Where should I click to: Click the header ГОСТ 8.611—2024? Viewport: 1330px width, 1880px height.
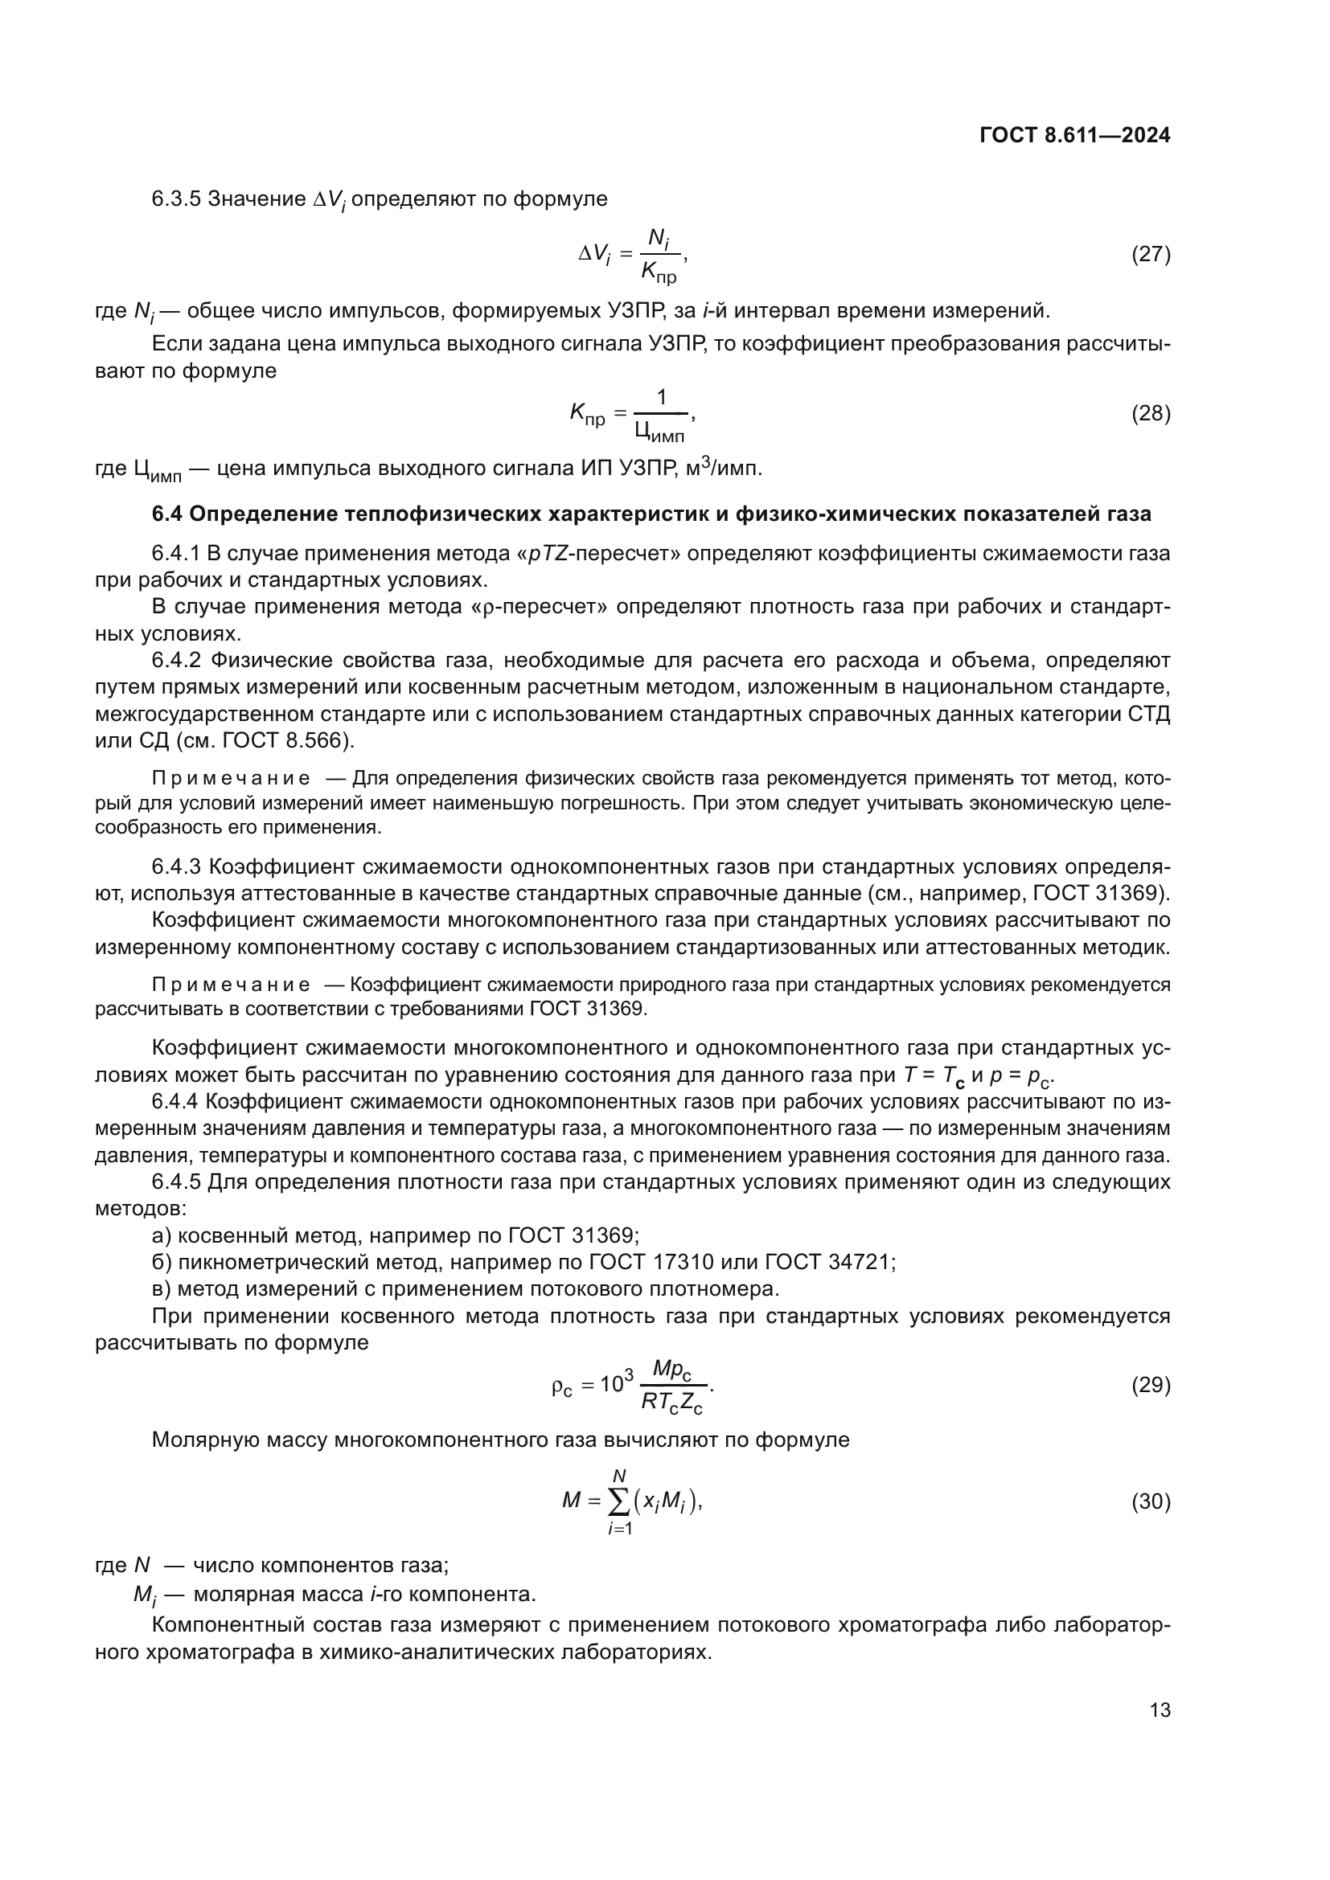[x=1074, y=136]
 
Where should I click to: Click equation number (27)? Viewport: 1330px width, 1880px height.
[x=1151, y=255]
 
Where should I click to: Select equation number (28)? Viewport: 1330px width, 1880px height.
[x=1151, y=413]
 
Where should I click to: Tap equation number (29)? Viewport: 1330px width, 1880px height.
[x=1151, y=1385]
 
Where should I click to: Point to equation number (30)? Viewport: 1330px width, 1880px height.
[x=1151, y=1501]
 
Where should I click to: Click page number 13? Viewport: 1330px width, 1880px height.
[x=1160, y=1710]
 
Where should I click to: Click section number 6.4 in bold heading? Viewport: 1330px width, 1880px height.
[x=167, y=514]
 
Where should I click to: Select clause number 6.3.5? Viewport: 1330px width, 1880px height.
[x=176, y=199]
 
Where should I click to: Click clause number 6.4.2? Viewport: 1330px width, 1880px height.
[x=176, y=661]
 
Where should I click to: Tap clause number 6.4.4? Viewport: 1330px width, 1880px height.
[x=175, y=1102]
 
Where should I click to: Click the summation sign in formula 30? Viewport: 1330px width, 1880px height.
[x=620, y=1501]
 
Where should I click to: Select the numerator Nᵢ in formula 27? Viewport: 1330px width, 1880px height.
[x=659, y=239]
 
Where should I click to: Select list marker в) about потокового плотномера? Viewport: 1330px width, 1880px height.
[x=162, y=1288]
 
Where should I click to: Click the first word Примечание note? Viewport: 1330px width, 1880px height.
[x=231, y=779]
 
